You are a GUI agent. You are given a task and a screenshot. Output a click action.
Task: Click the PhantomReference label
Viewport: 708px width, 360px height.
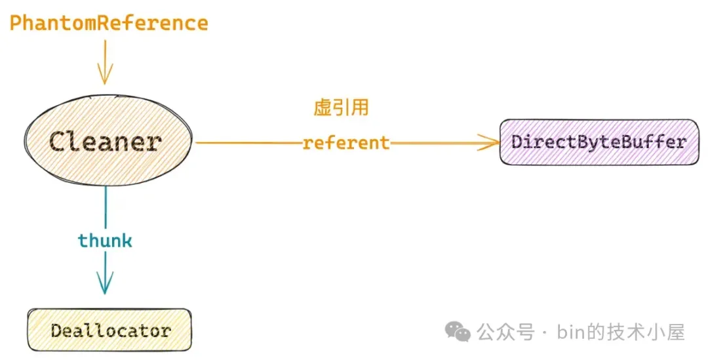click(109, 23)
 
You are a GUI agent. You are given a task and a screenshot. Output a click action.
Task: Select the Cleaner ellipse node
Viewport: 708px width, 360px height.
click(108, 140)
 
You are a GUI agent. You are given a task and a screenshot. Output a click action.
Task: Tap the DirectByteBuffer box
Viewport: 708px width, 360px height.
click(599, 142)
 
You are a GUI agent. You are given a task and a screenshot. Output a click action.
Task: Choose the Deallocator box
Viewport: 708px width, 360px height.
click(109, 330)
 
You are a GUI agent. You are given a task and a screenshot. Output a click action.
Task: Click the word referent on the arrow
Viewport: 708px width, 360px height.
click(346, 143)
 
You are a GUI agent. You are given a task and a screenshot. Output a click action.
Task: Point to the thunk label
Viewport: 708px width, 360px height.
click(105, 240)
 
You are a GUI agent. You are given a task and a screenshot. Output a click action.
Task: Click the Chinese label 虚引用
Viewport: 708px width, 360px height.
click(342, 108)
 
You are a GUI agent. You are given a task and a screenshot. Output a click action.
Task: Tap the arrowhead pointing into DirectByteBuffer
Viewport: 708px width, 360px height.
click(490, 143)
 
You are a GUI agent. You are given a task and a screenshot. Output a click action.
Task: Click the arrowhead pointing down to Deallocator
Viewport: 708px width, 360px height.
click(105, 283)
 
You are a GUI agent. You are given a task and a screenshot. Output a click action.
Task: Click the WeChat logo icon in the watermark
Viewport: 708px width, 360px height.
click(458, 332)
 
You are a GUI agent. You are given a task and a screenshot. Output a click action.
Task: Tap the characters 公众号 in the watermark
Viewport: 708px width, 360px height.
click(505, 332)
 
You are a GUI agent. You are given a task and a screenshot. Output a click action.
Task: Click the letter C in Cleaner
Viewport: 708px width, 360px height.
click(59, 142)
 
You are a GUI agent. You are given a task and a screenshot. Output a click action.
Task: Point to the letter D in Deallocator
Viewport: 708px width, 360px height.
click(57, 330)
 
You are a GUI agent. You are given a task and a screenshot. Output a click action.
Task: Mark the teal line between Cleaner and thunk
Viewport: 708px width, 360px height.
click(106, 207)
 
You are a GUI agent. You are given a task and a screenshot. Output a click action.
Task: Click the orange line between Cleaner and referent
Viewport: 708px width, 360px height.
click(248, 143)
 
